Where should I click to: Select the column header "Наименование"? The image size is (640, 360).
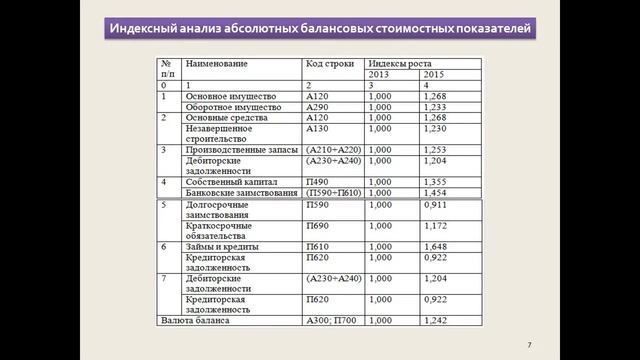216,63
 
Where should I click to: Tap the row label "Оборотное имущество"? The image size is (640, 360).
233,106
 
